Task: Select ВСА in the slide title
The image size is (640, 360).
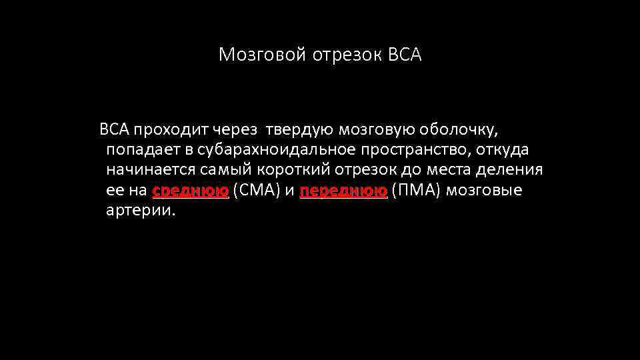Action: (x=404, y=55)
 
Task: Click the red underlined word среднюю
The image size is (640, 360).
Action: (x=191, y=191)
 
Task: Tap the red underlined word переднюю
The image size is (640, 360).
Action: (x=343, y=191)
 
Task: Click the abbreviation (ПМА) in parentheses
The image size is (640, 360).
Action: (x=416, y=191)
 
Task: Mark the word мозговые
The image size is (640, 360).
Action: (x=484, y=191)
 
